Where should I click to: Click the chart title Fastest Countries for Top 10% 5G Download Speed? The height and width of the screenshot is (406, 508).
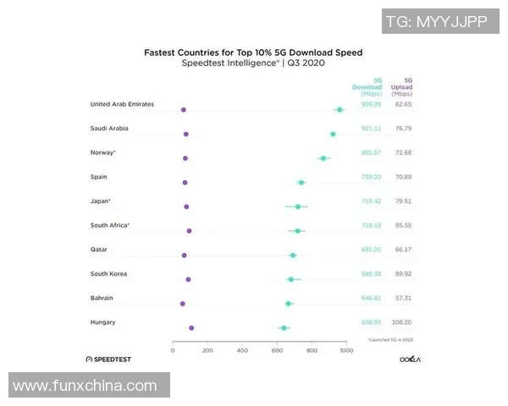click(x=253, y=52)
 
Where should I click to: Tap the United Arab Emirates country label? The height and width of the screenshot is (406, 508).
click(x=121, y=104)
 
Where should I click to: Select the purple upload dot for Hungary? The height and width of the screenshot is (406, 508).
click(x=191, y=327)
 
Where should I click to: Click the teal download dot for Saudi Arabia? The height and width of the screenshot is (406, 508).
click(x=333, y=134)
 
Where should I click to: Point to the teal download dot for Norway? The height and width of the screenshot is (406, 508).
click(x=323, y=158)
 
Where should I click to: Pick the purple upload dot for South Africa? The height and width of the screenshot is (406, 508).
click(x=189, y=231)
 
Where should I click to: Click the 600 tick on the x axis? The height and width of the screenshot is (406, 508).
click(x=277, y=349)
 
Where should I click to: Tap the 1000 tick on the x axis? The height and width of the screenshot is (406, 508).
click(x=345, y=349)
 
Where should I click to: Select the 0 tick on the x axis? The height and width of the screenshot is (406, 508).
click(x=173, y=349)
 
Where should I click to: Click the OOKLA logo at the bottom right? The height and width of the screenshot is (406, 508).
click(x=411, y=359)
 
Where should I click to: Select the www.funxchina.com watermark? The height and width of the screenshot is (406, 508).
click(x=85, y=386)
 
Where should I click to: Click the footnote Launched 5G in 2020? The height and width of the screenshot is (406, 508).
click(x=390, y=340)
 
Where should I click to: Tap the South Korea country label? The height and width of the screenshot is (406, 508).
click(x=109, y=274)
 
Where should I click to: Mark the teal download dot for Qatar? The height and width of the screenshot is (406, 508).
click(x=293, y=255)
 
